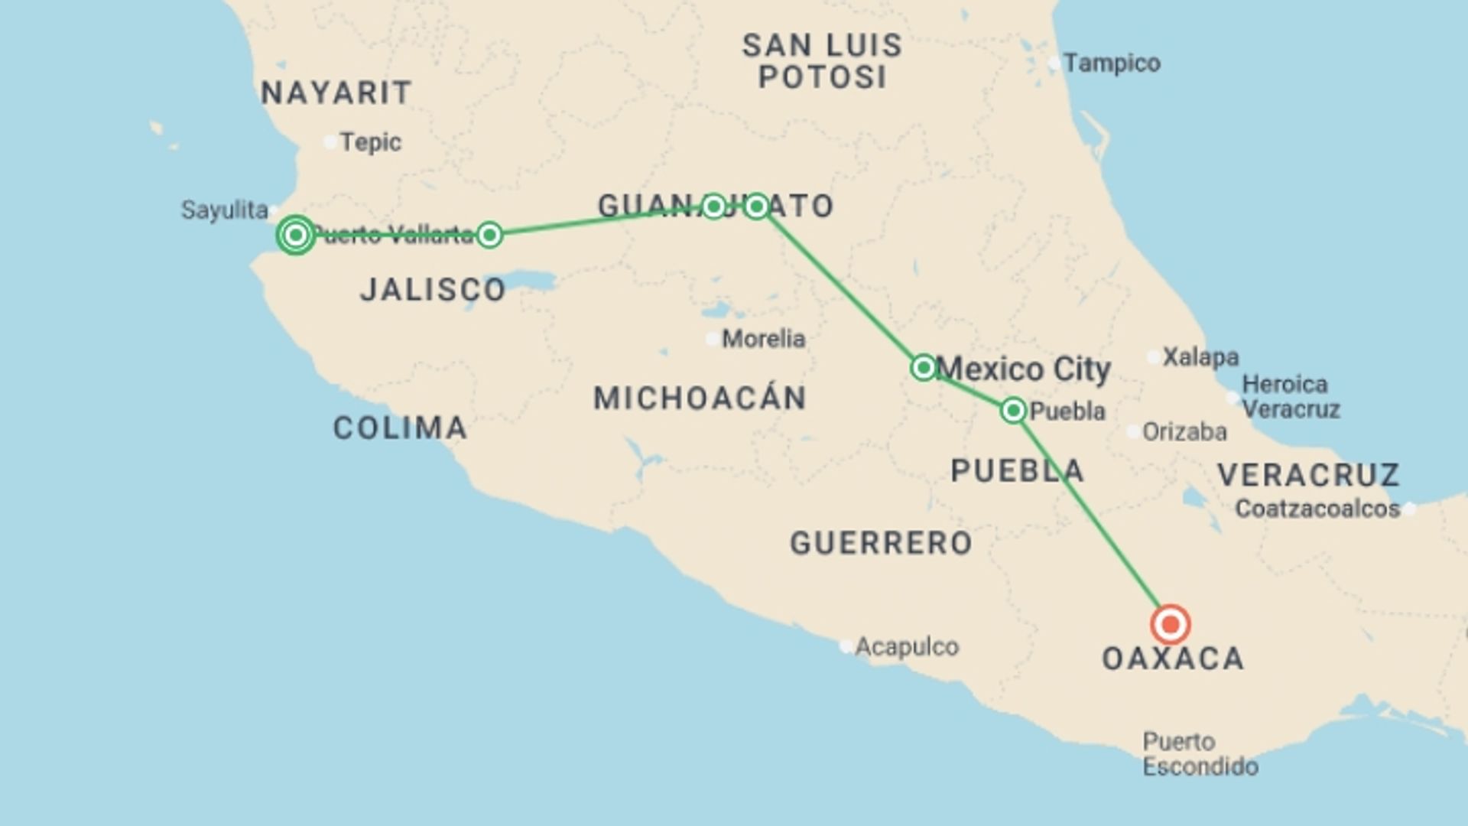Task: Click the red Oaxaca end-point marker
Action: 1170,624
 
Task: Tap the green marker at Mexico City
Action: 924,368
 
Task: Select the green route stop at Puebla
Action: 1013,411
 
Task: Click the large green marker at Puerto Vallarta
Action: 296,235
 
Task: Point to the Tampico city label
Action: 1112,63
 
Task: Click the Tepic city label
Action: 370,142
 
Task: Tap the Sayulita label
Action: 224,210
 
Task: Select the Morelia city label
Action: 763,338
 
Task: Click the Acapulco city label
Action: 906,647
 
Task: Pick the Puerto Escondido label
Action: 1200,754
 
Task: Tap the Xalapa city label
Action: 1200,357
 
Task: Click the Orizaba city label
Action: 1184,432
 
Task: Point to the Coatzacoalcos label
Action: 1317,509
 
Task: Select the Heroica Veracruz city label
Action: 1291,396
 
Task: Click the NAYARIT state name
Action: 336,93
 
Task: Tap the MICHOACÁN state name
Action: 700,398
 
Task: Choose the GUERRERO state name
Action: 881,543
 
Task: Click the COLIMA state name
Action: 400,428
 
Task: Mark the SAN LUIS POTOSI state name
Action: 823,61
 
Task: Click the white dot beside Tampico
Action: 1054,63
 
